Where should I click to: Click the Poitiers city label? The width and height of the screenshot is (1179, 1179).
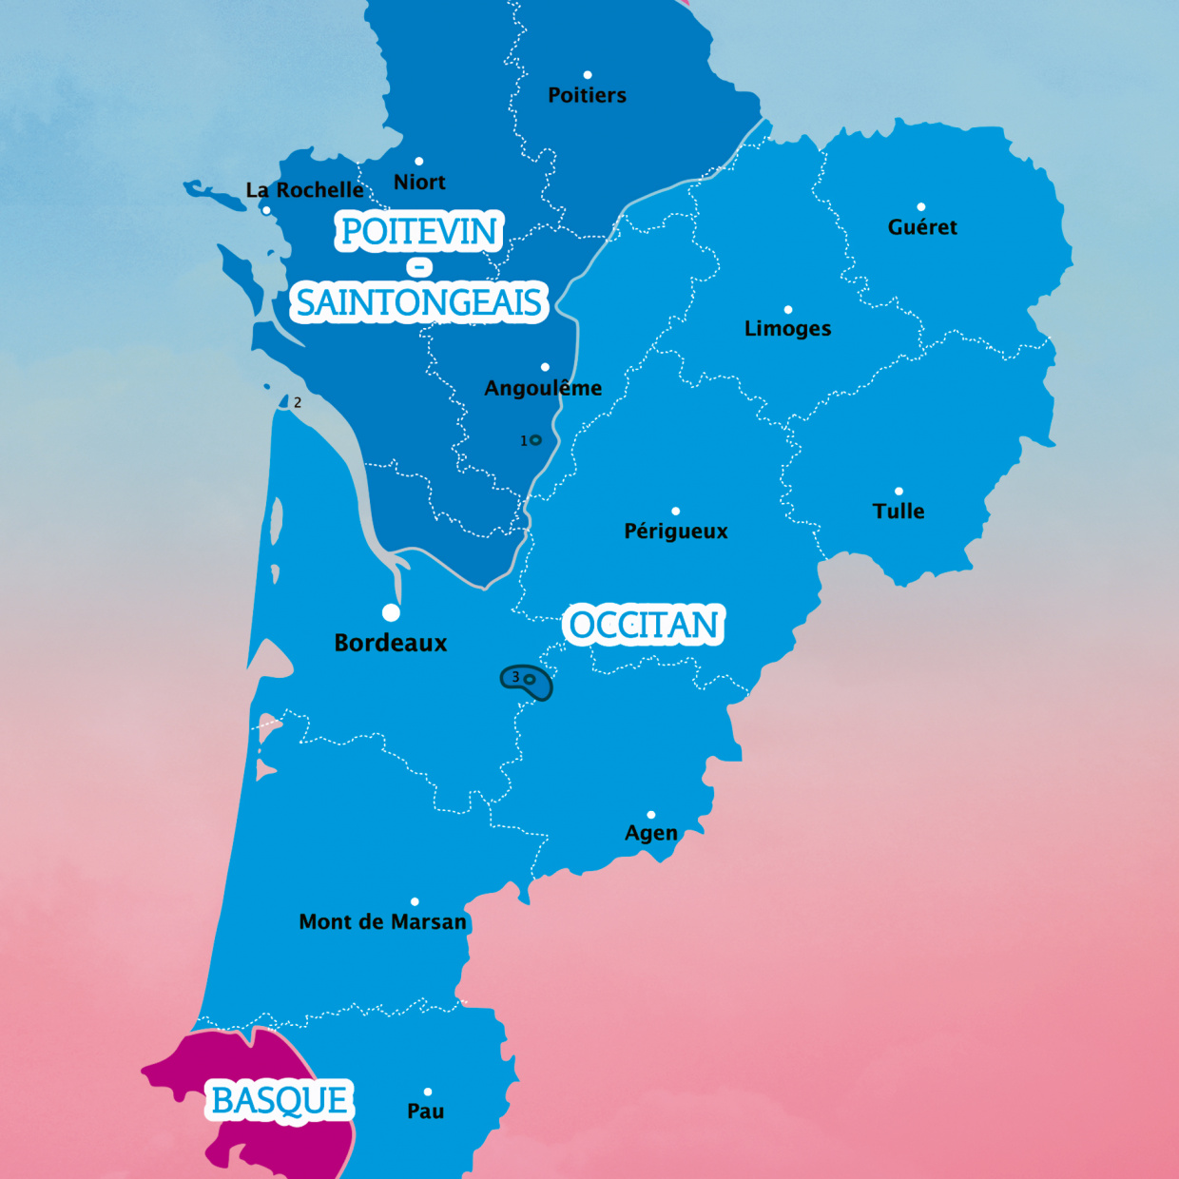(587, 95)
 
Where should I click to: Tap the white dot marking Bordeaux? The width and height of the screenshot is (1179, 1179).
(391, 612)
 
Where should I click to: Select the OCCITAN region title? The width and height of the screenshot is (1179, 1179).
(645, 625)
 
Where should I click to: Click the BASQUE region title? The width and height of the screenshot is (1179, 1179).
(280, 1100)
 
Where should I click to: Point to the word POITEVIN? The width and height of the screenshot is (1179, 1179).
(419, 231)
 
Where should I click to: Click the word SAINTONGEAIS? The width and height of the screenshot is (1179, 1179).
(419, 302)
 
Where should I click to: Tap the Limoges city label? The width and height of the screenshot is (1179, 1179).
(787, 329)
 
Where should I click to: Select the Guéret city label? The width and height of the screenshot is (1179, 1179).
(922, 227)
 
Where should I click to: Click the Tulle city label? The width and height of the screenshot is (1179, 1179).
(899, 512)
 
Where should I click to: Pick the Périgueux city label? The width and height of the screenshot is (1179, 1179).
(676, 532)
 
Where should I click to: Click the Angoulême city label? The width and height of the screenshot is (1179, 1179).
(543, 388)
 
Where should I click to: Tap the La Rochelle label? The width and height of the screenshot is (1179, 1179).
(304, 190)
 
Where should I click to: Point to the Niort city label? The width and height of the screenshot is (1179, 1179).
(419, 183)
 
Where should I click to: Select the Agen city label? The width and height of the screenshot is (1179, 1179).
(651, 833)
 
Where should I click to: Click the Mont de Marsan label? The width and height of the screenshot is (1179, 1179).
(383, 922)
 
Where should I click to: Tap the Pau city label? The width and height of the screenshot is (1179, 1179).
(426, 1111)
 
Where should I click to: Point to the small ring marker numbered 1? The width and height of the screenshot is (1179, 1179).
(535, 440)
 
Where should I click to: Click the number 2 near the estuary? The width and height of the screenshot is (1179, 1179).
(298, 403)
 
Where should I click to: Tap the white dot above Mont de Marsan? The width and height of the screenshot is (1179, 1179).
(415, 901)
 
